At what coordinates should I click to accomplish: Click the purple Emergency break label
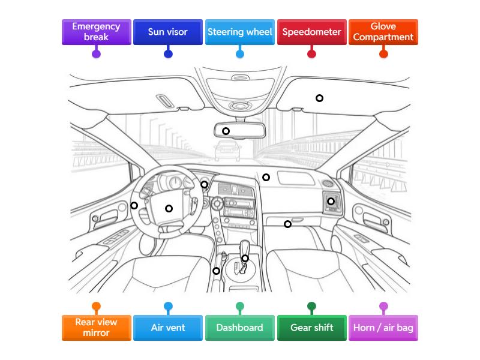click(96, 32)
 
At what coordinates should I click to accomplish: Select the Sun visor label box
click(168, 32)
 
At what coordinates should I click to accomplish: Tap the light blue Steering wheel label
click(240, 32)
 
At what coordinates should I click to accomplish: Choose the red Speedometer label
click(311, 32)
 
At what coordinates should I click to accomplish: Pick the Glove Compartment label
click(383, 32)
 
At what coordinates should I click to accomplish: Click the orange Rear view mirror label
click(96, 328)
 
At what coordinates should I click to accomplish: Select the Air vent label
click(168, 328)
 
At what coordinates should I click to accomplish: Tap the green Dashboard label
click(240, 328)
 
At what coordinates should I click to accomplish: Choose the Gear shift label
click(311, 328)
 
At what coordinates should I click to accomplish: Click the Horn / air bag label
click(383, 328)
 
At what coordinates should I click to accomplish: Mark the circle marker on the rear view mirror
click(226, 131)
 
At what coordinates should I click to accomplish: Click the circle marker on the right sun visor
click(319, 98)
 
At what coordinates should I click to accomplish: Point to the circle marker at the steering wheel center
click(169, 208)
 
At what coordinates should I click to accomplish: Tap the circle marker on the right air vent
click(331, 201)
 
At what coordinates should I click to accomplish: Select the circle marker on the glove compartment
click(287, 224)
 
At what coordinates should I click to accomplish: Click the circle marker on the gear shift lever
click(245, 258)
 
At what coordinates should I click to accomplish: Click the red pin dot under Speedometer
click(311, 54)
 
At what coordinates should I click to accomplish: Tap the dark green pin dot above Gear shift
click(311, 307)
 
